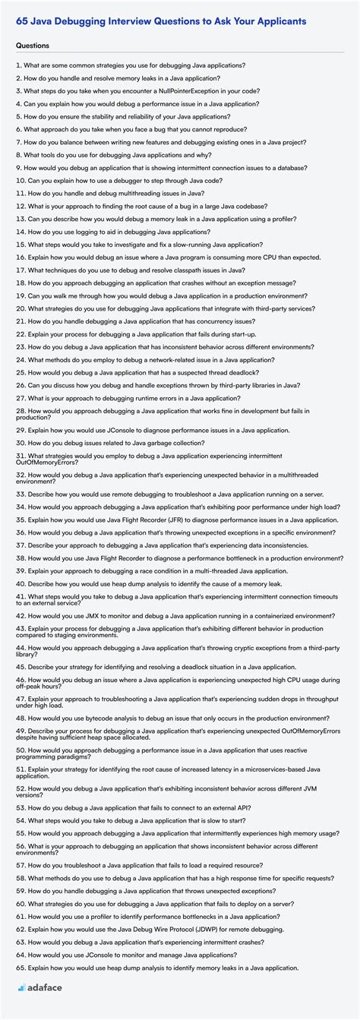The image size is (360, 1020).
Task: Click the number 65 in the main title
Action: tap(21, 21)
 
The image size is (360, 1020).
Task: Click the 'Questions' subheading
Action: tap(33, 46)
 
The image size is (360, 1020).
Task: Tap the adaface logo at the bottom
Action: tap(44, 987)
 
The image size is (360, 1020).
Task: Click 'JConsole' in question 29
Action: tap(115, 430)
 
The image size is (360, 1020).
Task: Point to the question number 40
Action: tap(21, 583)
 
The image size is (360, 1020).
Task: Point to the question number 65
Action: tap(21, 968)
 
